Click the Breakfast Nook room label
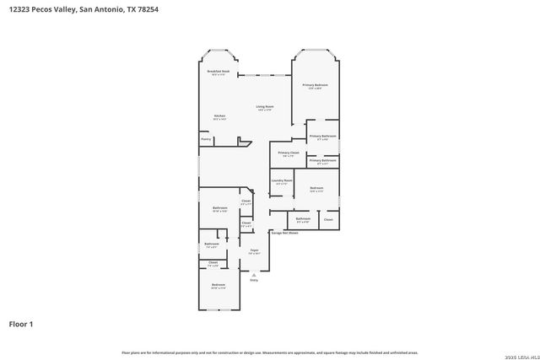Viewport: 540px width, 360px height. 219,72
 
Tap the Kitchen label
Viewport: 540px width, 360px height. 219,116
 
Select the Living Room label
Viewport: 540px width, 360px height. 265,107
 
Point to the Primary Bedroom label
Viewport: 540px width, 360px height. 316,85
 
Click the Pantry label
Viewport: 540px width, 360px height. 206,138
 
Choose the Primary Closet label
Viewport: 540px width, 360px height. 289,153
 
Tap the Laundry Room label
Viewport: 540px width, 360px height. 282,180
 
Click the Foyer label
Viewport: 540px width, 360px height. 254,250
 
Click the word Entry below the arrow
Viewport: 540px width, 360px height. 254,280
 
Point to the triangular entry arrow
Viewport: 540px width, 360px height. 254,274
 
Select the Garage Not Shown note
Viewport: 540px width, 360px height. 285,232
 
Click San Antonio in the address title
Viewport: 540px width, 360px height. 102,9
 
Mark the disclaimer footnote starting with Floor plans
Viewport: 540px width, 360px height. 269,352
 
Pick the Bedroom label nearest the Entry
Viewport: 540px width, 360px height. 219,285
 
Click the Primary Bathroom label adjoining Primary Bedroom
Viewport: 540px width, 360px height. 322,136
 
